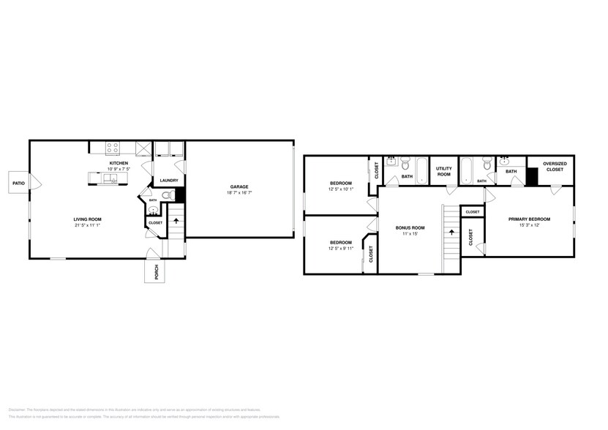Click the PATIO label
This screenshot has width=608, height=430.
click(x=18, y=183)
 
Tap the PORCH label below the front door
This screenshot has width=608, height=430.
click(x=156, y=272)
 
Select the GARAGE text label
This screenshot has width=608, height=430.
click(x=239, y=186)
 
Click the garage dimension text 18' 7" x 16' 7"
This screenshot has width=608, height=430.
click(x=239, y=194)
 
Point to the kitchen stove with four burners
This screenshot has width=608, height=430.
click(x=113, y=148)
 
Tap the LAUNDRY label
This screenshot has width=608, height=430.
click(x=170, y=180)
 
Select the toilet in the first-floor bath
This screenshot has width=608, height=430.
click(x=168, y=195)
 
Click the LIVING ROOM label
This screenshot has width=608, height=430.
click(x=87, y=219)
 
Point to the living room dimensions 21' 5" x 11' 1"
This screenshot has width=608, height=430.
click(x=87, y=226)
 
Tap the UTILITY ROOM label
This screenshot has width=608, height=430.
click(x=444, y=171)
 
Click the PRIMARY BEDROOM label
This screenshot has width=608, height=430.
click(x=529, y=219)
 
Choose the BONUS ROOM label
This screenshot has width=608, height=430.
click(x=410, y=227)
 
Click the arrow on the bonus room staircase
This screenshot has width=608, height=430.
click(x=451, y=233)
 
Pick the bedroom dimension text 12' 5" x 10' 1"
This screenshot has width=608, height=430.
click(x=340, y=189)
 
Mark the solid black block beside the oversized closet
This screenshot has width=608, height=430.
click(x=533, y=176)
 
